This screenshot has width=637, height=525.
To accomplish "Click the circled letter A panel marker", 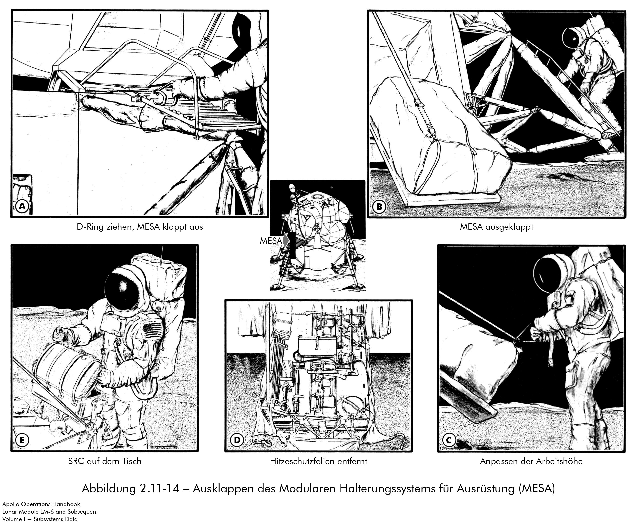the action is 22,206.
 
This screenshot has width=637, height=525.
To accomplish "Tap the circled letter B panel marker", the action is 379,207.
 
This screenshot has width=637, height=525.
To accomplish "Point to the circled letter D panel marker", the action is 237,440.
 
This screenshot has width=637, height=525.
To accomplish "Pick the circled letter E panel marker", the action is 22,440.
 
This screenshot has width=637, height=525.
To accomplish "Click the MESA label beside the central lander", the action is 271,241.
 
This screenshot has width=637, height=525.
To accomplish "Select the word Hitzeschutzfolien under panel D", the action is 301,461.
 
